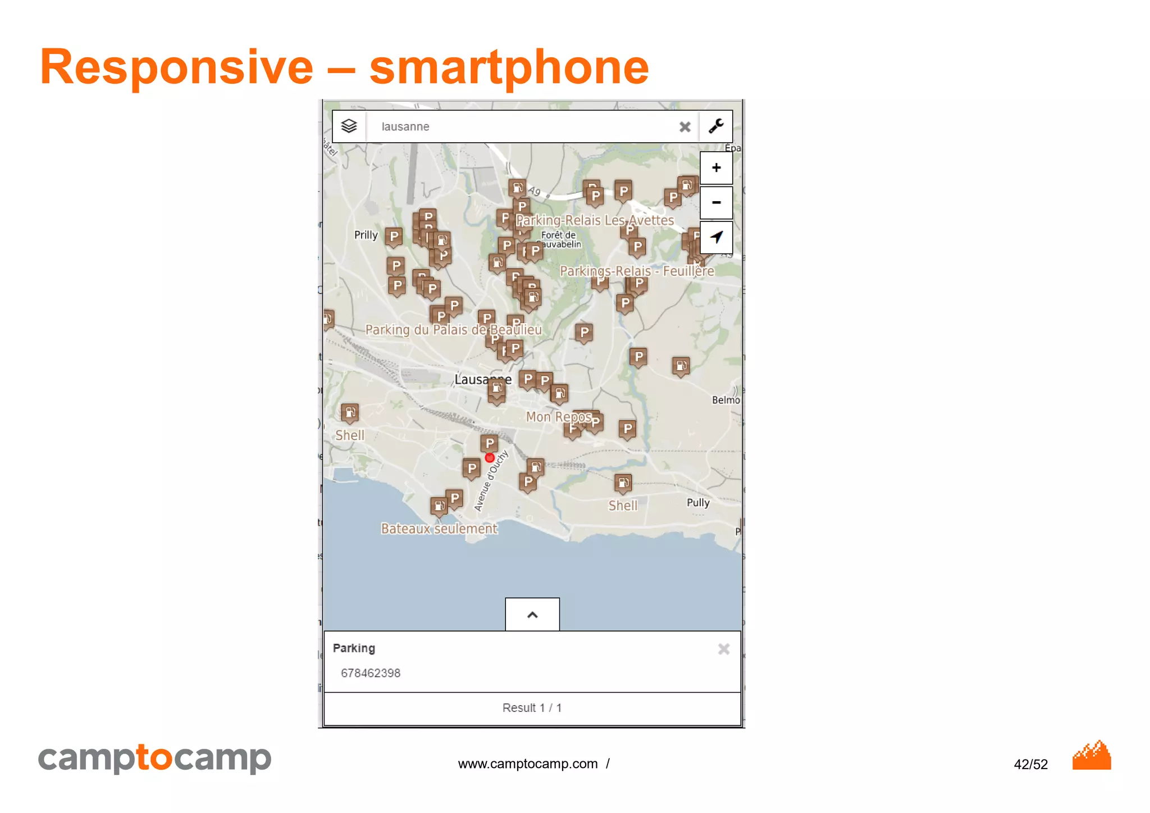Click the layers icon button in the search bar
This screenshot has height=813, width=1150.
tap(349, 126)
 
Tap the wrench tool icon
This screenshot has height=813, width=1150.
tap(716, 126)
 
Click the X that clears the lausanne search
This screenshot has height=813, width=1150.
tap(684, 127)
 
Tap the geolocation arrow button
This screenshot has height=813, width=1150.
tap(716, 237)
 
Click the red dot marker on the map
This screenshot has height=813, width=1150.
tap(490, 458)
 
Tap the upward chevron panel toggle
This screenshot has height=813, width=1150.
tap(532, 615)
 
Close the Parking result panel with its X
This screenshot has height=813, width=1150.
tap(724, 650)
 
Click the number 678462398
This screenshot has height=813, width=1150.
tap(371, 673)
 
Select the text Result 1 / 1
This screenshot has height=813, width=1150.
tap(532, 708)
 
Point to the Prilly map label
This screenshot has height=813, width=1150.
tap(366, 235)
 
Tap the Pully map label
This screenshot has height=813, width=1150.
tap(698, 502)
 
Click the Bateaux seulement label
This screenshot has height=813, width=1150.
tap(439, 529)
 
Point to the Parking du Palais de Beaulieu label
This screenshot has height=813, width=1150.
tap(453, 330)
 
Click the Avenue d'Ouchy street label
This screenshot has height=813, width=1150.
tap(491, 481)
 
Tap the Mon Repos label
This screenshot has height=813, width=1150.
tap(559, 417)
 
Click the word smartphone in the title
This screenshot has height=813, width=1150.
tap(509, 67)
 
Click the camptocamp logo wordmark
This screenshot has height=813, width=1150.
tap(154, 758)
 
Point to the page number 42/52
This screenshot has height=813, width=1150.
tap(1030, 764)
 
